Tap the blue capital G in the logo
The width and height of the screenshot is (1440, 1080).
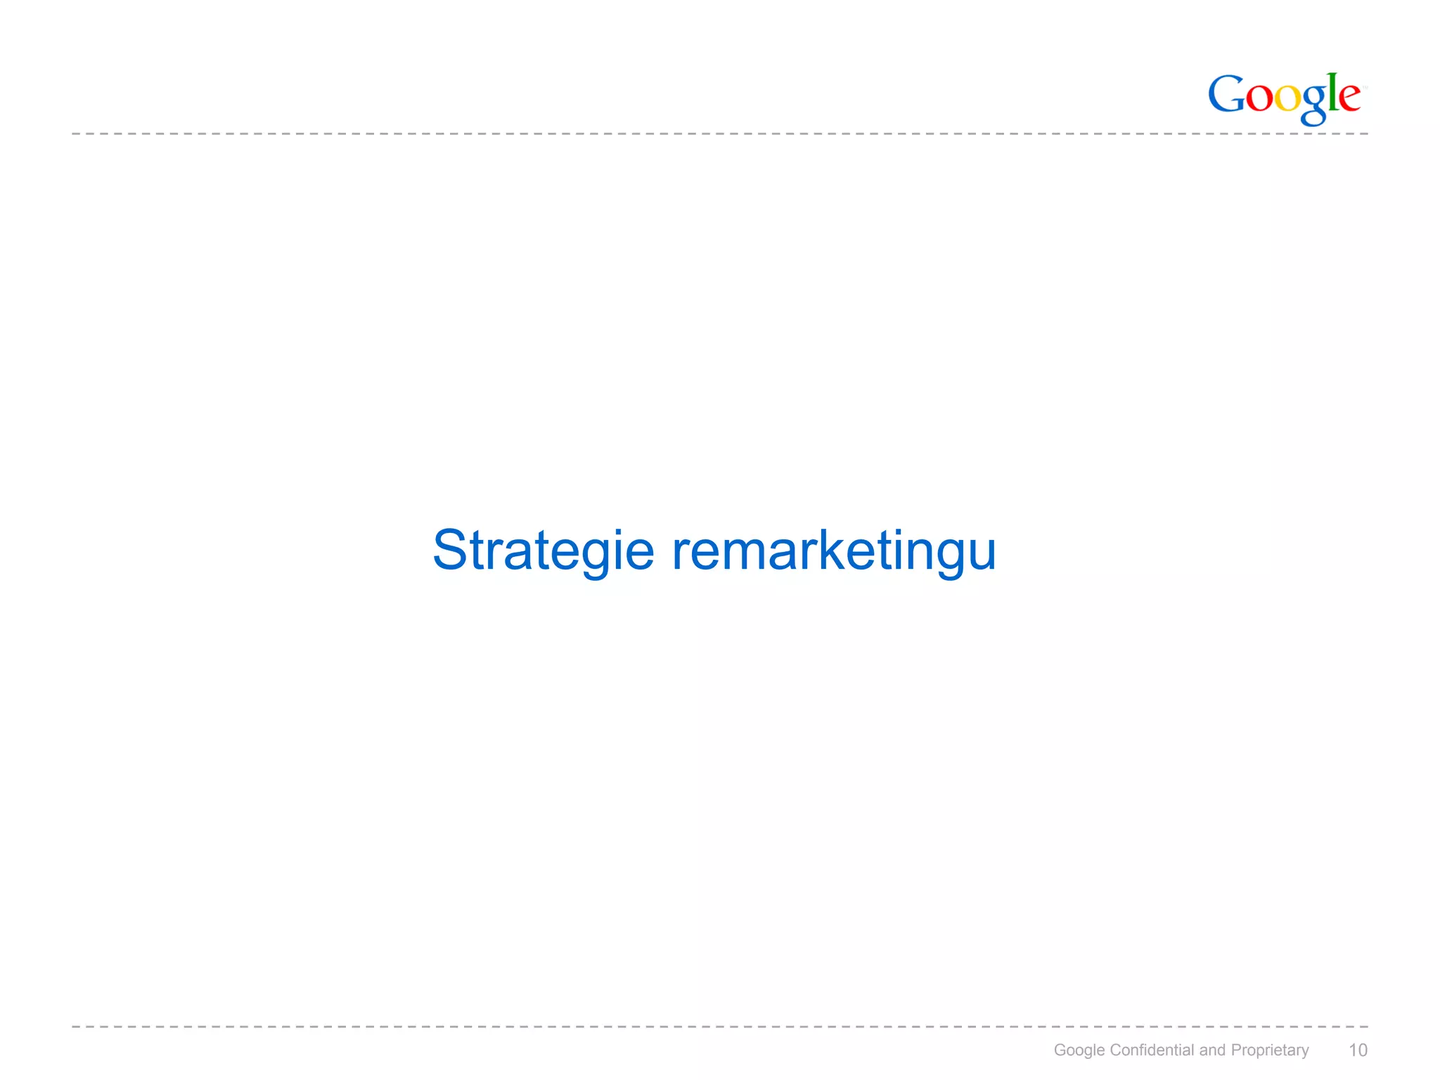[1226, 94]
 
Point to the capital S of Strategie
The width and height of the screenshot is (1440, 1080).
[450, 549]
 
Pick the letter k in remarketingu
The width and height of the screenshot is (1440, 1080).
[834, 549]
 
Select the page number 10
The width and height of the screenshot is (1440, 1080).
[1358, 1050]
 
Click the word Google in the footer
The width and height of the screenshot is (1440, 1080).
[1079, 1050]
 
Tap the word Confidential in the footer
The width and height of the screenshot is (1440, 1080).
[1152, 1050]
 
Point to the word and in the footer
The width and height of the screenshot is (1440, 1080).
[1212, 1050]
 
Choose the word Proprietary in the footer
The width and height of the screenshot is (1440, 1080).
[1269, 1050]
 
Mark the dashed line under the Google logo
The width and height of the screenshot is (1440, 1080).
[703, 134]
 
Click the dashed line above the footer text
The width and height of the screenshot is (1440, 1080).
[703, 1027]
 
